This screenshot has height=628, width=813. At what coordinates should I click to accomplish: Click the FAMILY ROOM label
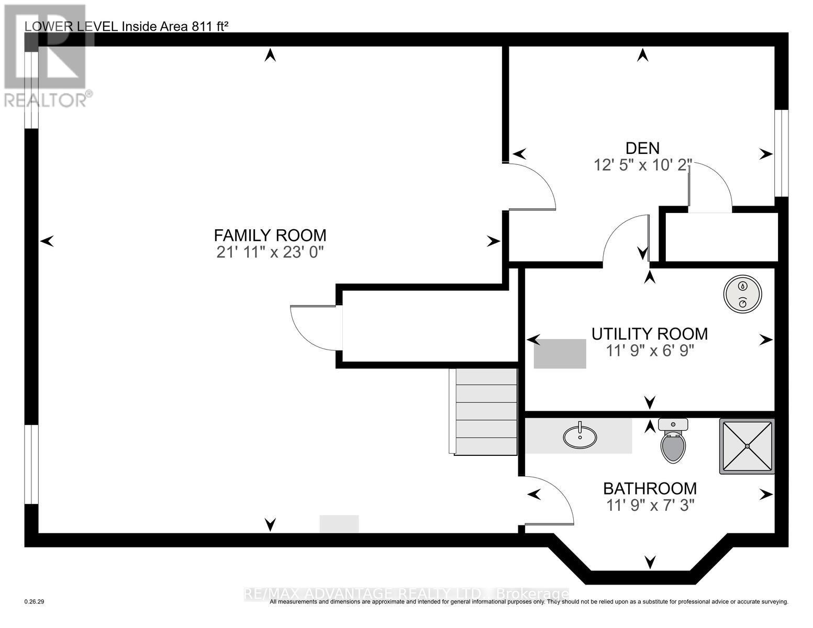tap(270, 235)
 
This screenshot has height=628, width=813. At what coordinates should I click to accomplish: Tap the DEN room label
tap(642, 148)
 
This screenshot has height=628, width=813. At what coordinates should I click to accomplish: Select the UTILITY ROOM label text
tap(650, 333)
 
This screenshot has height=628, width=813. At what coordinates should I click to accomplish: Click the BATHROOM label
tap(650, 488)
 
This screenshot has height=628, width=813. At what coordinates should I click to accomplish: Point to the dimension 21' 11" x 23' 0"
tap(270, 252)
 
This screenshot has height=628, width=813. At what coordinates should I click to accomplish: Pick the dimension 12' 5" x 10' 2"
tap(642, 165)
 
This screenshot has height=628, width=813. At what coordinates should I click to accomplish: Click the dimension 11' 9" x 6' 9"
tap(650, 350)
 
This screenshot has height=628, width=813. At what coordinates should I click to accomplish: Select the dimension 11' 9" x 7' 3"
tap(650, 505)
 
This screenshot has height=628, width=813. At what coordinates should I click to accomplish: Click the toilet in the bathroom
tap(673, 442)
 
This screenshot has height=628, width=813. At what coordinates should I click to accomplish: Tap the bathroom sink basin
tap(580, 436)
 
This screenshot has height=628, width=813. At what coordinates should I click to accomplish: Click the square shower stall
tap(747, 446)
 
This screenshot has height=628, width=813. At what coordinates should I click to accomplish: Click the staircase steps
tap(484, 411)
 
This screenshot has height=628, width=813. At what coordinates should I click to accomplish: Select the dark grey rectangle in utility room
tap(560, 354)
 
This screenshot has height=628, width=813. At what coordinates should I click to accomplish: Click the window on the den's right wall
tap(781, 153)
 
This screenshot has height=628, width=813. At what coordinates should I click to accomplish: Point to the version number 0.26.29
tap(35, 602)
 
